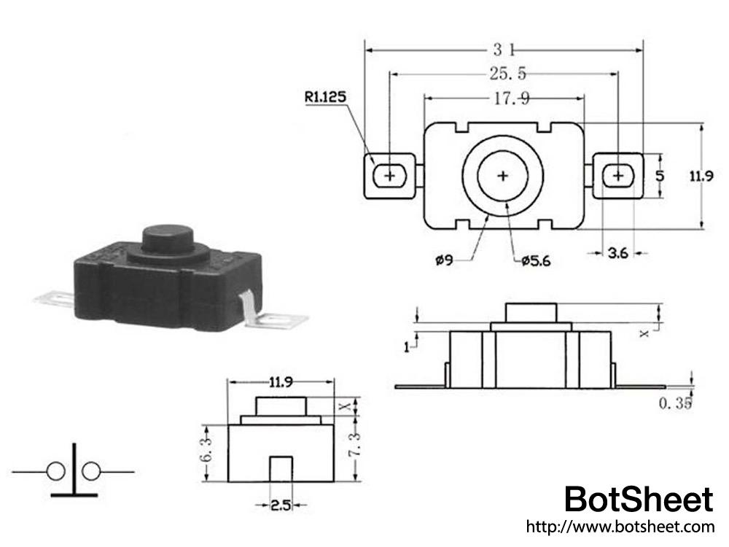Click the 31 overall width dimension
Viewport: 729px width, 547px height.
pyautogui.click(x=504, y=50)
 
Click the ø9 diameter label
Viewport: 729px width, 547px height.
pyautogui.click(x=445, y=260)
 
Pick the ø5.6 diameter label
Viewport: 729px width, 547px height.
pyautogui.click(x=537, y=260)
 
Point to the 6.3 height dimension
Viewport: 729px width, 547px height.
pyautogui.click(x=207, y=453)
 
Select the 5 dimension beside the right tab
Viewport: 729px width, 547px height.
pyautogui.click(x=659, y=176)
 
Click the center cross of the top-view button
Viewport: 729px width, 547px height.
pyautogui.click(x=503, y=176)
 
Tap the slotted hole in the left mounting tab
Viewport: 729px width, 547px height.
pyautogui.click(x=390, y=176)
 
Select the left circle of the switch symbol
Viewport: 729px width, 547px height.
pyautogui.click(x=56, y=472)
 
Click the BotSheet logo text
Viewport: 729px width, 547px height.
pyautogui.click(x=639, y=500)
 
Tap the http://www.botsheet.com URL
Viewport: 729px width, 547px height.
pyautogui.click(x=620, y=526)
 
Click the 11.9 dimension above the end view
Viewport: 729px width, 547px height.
pyautogui.click(x=281, y=381)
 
